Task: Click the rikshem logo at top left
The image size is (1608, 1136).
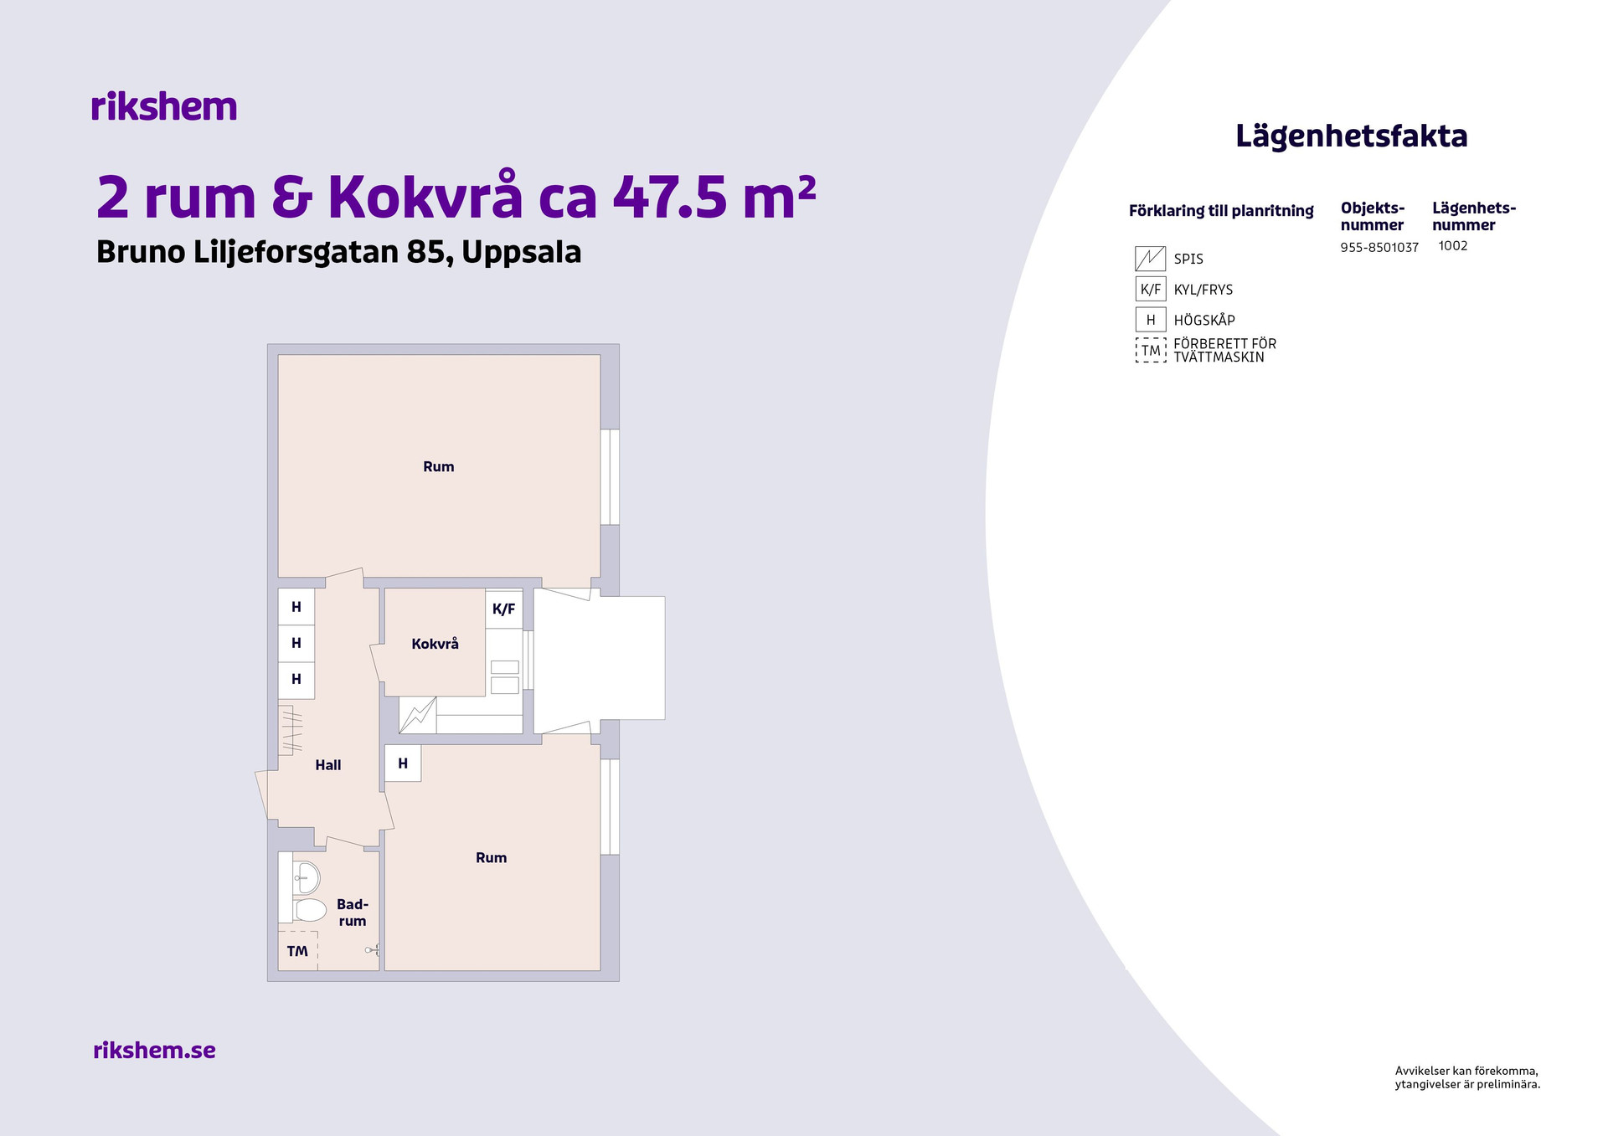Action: coord(164,106)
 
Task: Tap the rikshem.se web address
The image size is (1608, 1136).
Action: coord(154,1050)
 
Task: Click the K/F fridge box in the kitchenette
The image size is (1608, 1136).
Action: coord(504,609)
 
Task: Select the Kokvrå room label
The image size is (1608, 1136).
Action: coord(435,644)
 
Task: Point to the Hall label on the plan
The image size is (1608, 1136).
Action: coord(328,764)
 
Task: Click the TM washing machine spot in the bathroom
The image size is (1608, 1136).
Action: coord(297,951)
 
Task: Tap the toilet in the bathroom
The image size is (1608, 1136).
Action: coord(309,910)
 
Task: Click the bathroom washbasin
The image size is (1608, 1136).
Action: coord(307,877)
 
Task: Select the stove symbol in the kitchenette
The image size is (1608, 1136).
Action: coord(417,716)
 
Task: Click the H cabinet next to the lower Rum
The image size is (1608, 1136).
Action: coord(403,763)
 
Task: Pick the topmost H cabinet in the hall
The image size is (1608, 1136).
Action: coord(296,607)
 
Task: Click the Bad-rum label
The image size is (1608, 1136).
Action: coord(353,912)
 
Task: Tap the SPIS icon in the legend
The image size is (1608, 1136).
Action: coord(1151,259)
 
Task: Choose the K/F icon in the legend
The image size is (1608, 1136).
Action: coord(1151,290)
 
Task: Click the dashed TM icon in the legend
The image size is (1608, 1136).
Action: coord(1151,350)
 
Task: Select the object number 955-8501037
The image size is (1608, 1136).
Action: coord(1379,247)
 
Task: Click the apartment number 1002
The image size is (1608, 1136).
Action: coord(1453,245)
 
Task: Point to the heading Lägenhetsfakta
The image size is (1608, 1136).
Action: coord(1352,136)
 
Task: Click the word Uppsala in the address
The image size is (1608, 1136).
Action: coord(522,252)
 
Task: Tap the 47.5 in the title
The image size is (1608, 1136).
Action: coord(670,198)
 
